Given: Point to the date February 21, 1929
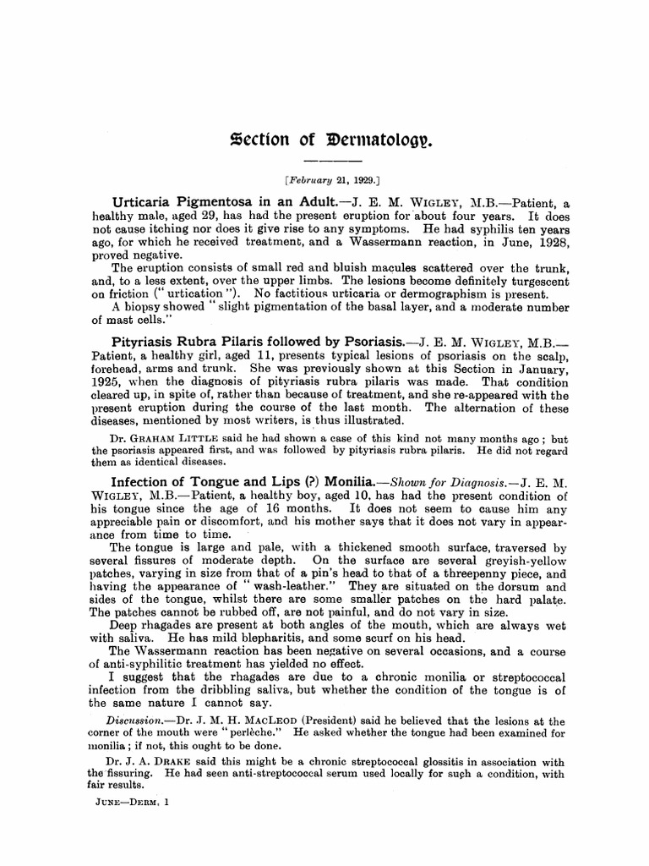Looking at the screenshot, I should coord(332,180).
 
